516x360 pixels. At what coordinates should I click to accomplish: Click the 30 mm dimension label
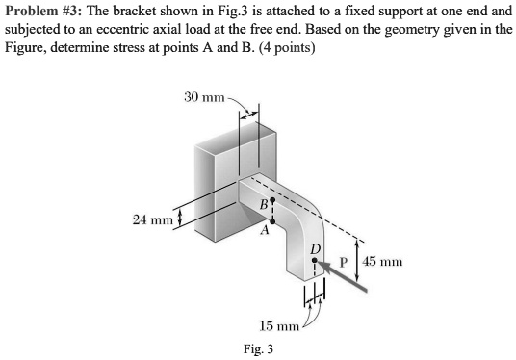[x=203, y=97]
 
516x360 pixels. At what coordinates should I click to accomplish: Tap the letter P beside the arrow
[x=342, y=261]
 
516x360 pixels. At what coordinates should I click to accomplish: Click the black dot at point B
[x=273, y=200]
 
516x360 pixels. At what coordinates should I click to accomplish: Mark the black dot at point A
[x=273, y=222]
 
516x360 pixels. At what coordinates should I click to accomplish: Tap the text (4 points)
[x=277, y=48]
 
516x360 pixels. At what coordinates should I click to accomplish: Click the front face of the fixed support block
[x=216, y=193]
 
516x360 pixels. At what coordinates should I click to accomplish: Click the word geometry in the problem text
[x=404, y=30]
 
